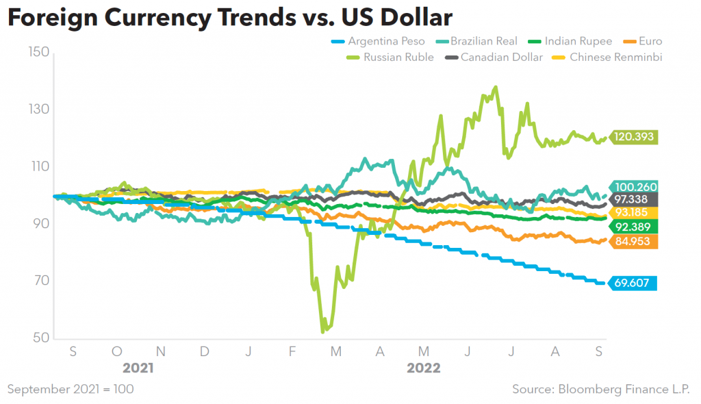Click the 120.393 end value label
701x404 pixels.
[x=635, y=137]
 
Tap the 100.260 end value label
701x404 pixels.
[x=635, y=186]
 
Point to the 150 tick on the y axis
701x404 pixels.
[x=38, y=52]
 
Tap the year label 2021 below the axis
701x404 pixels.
[x=138, y=368]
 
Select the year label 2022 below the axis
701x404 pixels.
[x=424, y=368]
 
